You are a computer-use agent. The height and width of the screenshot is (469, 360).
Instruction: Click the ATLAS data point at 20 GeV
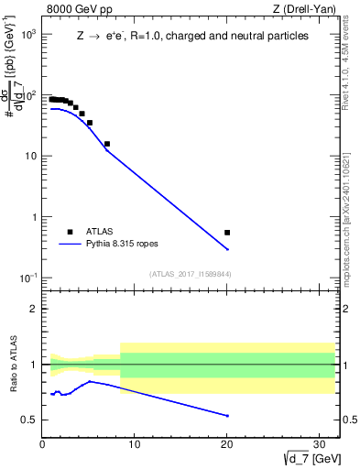coord(227,233)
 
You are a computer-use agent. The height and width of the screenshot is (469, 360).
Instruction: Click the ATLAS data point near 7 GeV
coord(107,144)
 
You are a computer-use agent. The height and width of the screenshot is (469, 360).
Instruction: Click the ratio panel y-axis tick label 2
coord(33,309)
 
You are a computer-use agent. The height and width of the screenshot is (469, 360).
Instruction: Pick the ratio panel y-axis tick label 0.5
coord(29,420)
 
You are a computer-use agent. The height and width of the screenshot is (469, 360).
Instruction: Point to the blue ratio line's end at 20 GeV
coord(227,416)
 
